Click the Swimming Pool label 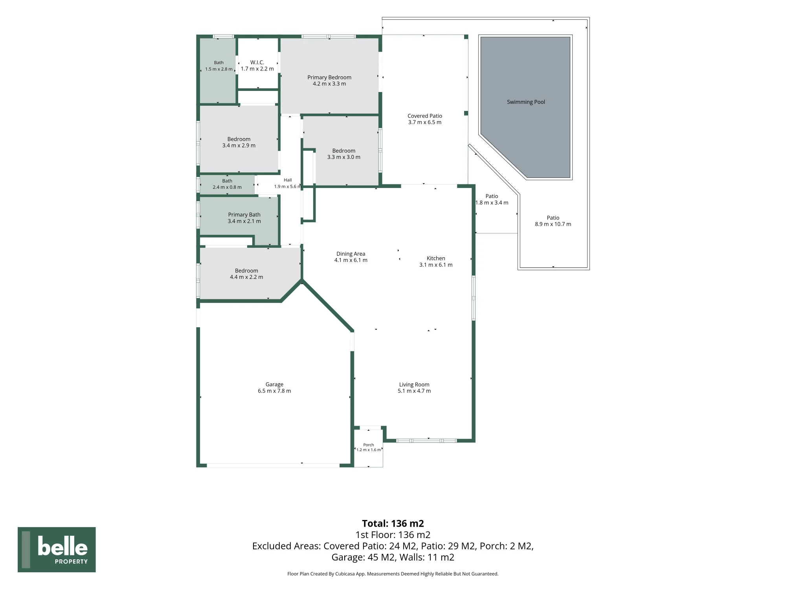(x=526, y=102)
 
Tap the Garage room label (x=274, y=385)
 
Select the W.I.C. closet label (x=257, y=63)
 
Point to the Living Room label (x=414, y=385)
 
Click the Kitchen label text (x=436, y=258)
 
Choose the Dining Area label (x=351, y=254)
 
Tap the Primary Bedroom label (x=329, y=77)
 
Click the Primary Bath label (x=244, y=215)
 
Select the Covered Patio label (x=425, y=116)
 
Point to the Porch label (x=369, y=445)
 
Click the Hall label (x=288, y=180)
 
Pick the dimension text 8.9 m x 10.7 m (x=553, y=224)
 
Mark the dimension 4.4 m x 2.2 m (x=246, y=277)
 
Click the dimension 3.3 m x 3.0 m (x=344, y=157)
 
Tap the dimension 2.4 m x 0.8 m (x=227, y=187)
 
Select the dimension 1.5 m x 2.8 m (x=219, y=69)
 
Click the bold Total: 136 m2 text (x=393, y=524)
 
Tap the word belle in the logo (x=62, y=546)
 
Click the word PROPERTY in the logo (x=71, y=562)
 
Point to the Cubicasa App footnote (x=393, y=574)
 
